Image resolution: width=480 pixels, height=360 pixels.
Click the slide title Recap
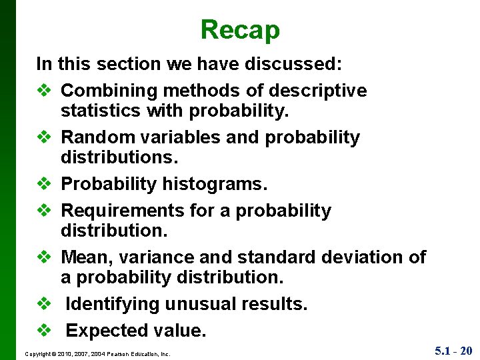coord(240,30)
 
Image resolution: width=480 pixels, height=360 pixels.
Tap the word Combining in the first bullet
coord(104,91)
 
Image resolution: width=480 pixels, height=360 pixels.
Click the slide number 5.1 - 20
coord(453,350)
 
